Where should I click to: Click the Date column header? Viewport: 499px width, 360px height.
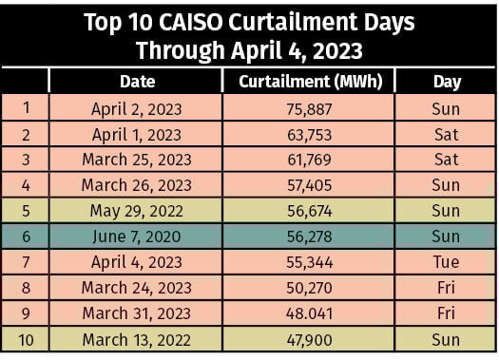pyautogui.click(x=136, y=82)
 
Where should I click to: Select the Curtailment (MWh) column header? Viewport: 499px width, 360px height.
pyautogui.click(x=309, y=82)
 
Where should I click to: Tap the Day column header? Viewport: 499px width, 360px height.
pyautogui.click(x=446, y=82)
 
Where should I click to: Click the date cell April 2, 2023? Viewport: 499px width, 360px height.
pyautogui.click(x=136, y=108)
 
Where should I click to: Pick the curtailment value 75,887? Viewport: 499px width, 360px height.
pyautogui.click(x=309, y=108)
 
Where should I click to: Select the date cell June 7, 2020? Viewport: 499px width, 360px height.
pyautogui.click(x=136, y=237)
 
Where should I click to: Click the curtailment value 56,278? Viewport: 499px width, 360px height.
pyautogui.click(x=309, y=237)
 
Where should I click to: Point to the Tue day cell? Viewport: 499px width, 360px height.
pyautogui.click(x=446, y=262)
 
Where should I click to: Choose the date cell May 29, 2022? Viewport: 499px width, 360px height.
pyautogui.click(x=136, y=211)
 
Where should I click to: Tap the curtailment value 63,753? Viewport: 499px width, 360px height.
pyautogui.click(x=309, y=134)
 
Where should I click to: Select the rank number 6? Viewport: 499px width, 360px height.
pyautogui.click(x=25, y=237)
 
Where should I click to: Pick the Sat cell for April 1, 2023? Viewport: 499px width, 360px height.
pyautogui.click(x=446, y=134)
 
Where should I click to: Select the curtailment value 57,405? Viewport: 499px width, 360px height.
pyautogui.click(x=309, y=185)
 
